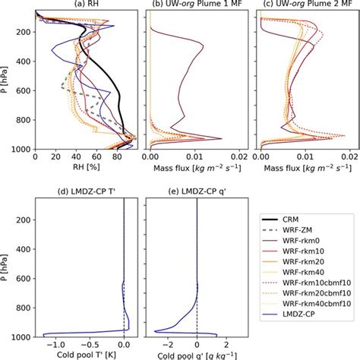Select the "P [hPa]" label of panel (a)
6,81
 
